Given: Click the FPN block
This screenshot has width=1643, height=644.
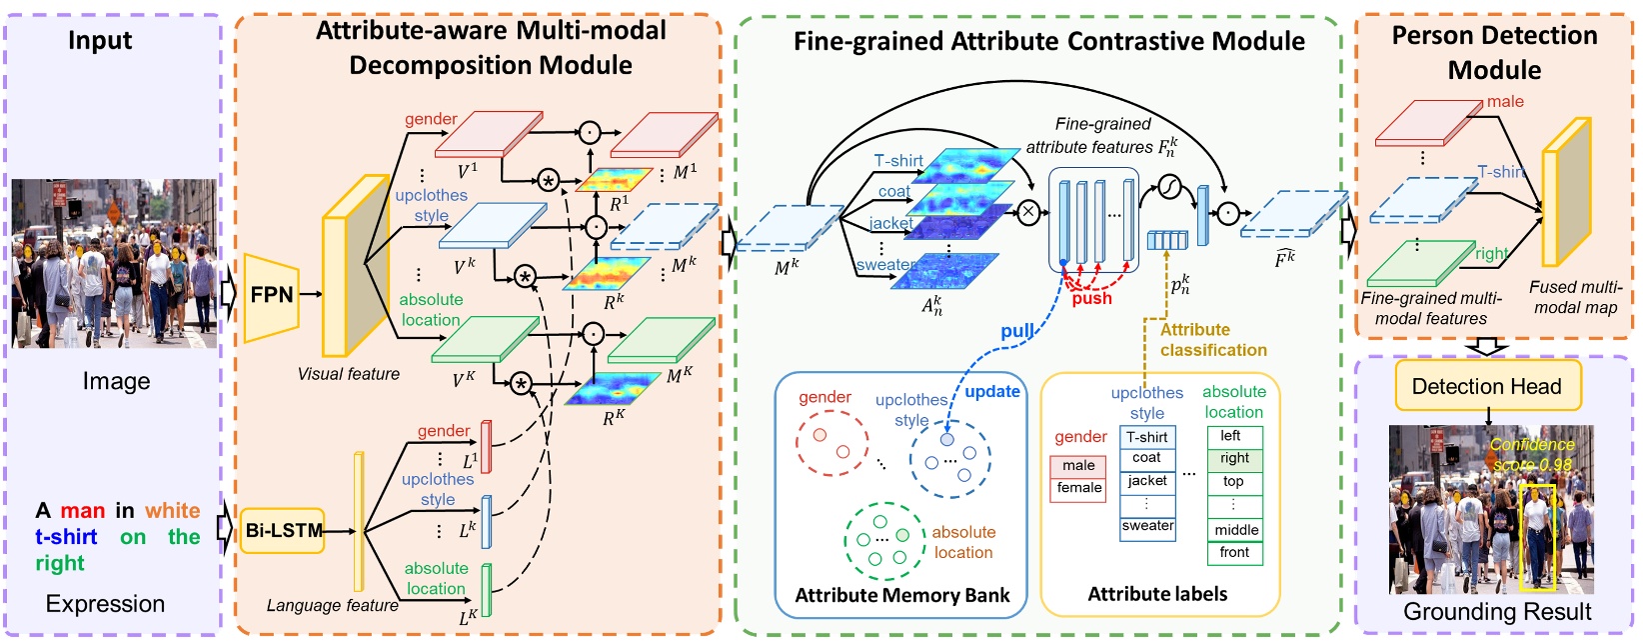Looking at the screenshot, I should tap(272, 295).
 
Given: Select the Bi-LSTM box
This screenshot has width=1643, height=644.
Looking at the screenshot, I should tap(284, 531).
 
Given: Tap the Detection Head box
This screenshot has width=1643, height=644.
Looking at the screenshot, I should tap(1487, 387).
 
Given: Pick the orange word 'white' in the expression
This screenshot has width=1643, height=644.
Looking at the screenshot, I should tap(172, 511).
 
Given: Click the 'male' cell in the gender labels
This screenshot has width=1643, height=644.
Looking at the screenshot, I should tap(1078, 466).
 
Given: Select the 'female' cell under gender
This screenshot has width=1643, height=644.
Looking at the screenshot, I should tap(1078, 488).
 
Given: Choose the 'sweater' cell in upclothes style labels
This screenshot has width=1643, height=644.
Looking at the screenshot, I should tap(1147, 526).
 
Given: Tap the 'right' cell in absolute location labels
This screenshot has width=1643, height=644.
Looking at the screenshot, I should tap(1234, 458).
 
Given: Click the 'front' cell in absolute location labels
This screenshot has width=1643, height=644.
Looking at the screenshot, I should tap(1234, 552).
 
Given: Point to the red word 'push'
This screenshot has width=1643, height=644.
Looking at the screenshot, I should tap(1091, 298).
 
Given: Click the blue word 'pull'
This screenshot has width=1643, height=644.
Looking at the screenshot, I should tap(1016, 332).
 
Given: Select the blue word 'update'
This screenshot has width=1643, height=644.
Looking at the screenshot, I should tap(991, 392).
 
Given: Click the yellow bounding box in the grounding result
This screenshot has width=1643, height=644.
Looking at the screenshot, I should tap(1536, 536).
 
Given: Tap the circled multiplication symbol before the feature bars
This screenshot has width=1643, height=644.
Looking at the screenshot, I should tap(1028, 211).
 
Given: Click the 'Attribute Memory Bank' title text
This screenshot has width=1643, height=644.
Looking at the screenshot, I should tap(901, 595).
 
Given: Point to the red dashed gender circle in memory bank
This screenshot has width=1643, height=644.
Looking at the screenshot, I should tap(830, 443).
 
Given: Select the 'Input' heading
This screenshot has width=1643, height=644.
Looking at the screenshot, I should tap(100, 41).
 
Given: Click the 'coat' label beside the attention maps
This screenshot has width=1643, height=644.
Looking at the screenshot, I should tap(893, 191).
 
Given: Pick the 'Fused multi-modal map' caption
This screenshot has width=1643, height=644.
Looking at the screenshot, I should tap(1575, 297).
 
